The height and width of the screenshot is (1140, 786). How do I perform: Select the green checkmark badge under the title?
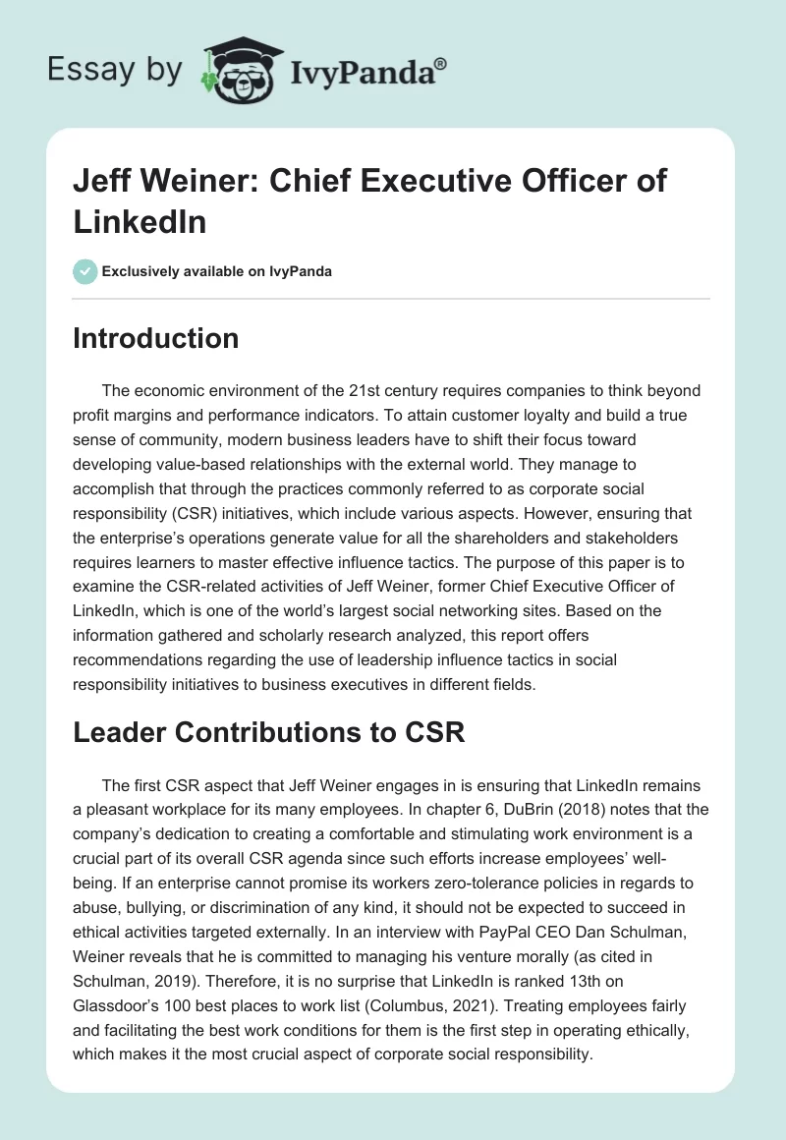tap(85, 271)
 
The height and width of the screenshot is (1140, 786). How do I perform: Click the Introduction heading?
tap(155, 338)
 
